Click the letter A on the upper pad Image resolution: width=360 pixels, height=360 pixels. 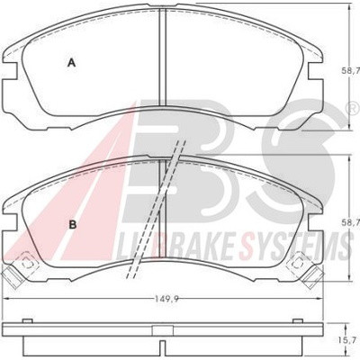pyautogui.click(x=71, y=63)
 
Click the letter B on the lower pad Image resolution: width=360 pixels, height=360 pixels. pyautogui.click(x=73, y=224)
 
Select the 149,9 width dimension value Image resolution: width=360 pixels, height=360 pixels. pyautogui.click(x=165, y=299)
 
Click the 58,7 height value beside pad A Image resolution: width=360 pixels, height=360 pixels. pyautogui.click(x=351, y=71)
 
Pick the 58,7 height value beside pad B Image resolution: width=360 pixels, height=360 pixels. pyautogui.click(x=351, y=222)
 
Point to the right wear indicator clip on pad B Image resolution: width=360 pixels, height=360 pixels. pyautogui.click(x=306, y=269)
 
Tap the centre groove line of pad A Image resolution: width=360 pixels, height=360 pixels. pyautogui.click(x=162, y=57)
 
